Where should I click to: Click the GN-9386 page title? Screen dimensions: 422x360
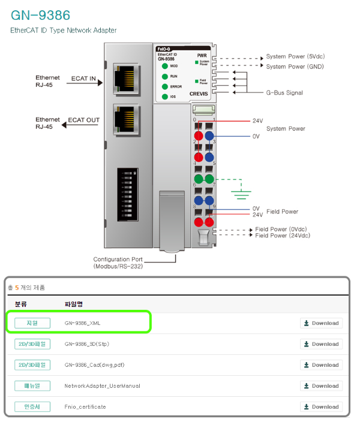tap(41, 15)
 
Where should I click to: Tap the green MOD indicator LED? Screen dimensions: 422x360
tap(164, 66)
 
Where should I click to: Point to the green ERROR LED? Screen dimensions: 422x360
tap(164, 86)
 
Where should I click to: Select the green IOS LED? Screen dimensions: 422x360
tap(164, 97)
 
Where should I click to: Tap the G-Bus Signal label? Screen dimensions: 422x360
tap(284, 93)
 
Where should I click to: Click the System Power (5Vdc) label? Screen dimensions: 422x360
tap(295, 57)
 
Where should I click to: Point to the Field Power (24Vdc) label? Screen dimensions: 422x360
tap(283, 236)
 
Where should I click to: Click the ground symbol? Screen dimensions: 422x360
tap(241, 194)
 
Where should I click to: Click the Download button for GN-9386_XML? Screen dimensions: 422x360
tap(321, 323)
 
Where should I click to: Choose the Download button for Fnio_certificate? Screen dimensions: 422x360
tap(321, 406)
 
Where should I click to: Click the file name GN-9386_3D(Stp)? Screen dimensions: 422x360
tap(87, 344)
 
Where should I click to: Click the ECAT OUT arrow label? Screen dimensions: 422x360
tap(83, 120)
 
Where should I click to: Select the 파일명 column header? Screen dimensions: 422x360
tap(73, 304)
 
